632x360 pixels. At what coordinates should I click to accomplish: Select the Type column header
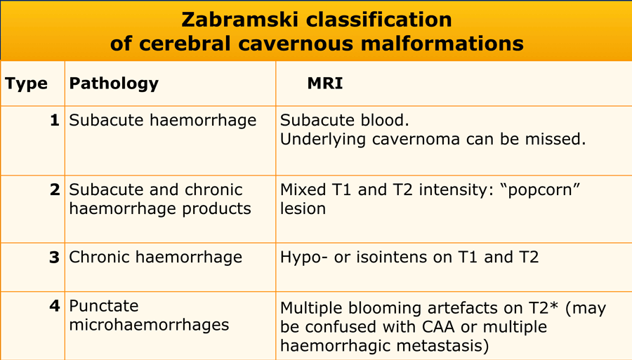(x=26, y=84)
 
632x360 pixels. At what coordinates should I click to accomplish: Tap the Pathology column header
(x=114, y=84)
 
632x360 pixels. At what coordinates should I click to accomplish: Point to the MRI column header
(x=325, y=84)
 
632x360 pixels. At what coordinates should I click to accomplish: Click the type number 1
(x=55, y=120)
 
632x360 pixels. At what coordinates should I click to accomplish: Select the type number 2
(x=55, y=189)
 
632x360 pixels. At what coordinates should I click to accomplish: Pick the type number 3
(x=54, y=257)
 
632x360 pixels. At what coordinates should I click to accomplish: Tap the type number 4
(x=54, y=306)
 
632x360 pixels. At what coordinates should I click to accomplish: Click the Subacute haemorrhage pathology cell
(x=162, y=120)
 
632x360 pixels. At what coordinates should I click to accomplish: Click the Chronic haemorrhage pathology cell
(x=156, y=257)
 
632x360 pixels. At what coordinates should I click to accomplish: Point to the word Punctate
(x=104, y=306)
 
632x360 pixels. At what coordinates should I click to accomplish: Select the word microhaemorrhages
(x=149, y=325)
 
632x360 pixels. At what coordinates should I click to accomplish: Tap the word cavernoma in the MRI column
(x=416, y=140)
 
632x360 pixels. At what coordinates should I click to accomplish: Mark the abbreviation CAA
(x=440, y=327)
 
